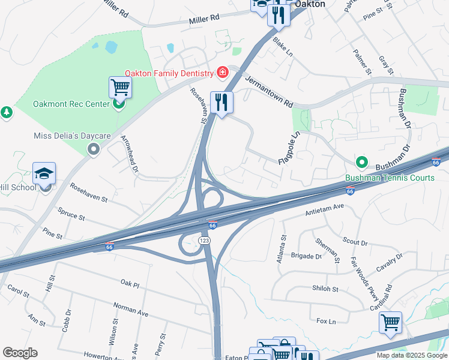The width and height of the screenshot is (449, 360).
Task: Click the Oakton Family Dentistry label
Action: pos(169,73)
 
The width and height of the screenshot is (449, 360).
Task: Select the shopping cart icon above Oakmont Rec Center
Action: pos(120,88)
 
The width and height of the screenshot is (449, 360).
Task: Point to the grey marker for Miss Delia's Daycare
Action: pos(93,148)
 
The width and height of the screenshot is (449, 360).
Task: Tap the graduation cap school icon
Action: pos(44,173)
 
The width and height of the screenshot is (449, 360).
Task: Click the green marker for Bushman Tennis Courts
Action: pos(362,162)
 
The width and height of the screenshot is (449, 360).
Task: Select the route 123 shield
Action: pos(205,239)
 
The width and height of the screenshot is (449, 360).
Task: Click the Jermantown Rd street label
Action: pos(269,92)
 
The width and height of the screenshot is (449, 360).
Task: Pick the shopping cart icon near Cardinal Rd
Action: pos(390,323)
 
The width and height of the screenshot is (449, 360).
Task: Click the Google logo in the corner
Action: pos(20,353)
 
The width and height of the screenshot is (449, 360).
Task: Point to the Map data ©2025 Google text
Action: pos(411,355)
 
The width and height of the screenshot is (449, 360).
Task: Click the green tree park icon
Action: pos(7,112)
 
